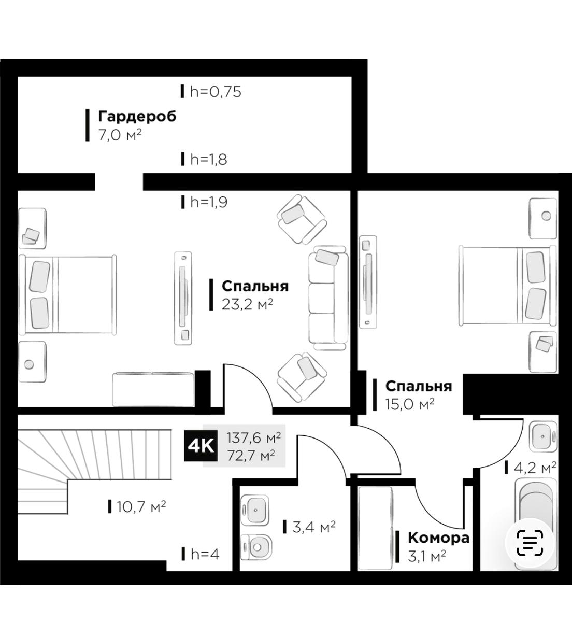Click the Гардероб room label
click(137, 116)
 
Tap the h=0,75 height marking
click(216, 92)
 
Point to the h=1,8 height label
click(209, 159)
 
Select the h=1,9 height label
click(209, 202)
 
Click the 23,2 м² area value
click(247, 305)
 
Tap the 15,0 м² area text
click(409, 404)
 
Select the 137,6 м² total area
click(253, 438)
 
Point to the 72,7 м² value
click(251, 456)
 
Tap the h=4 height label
click(205, 554)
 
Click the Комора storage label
click(438, 538)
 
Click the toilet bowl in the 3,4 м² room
click(256, 547)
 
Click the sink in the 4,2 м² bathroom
click(542, 436)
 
